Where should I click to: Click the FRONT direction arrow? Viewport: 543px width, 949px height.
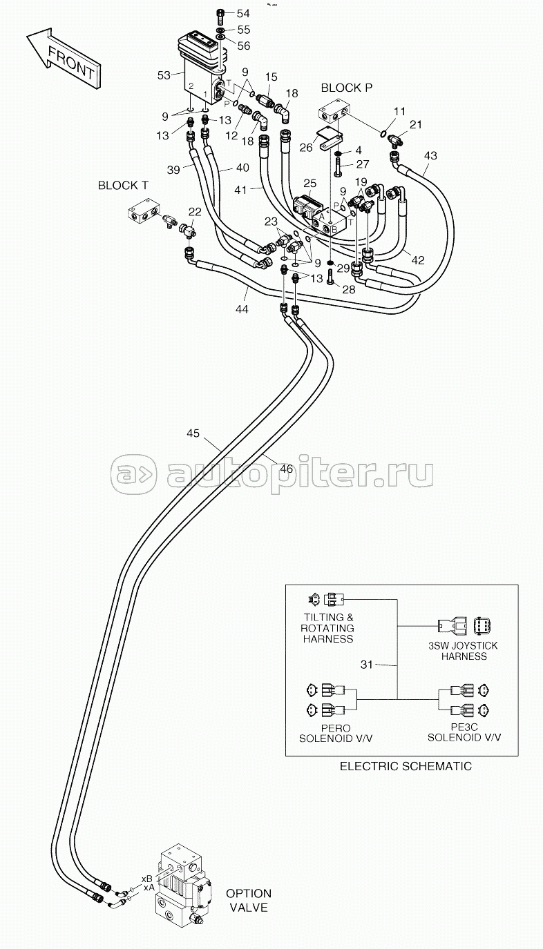tap(64, 59)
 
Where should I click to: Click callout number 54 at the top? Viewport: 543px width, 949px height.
tap(243, 14)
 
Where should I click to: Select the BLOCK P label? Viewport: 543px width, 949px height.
tap(347, 88)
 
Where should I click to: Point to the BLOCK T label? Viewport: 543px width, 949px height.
tap(124, 186)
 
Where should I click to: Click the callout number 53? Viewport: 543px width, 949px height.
tap(164, 75)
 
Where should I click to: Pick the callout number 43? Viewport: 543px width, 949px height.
tap(430, 156)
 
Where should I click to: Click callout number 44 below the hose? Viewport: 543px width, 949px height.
tap(242, 310)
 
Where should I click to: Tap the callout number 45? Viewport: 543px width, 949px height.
tap(193, 433)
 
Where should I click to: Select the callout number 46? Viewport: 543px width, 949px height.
tap(286, 469)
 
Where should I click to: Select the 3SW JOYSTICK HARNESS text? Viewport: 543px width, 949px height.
tap(464, 651)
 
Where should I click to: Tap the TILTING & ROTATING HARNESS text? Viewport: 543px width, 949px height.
tap(327, 628)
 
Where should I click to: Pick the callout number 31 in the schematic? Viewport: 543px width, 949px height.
tap(367, 665)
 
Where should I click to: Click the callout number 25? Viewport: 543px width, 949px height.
tap(310, 184)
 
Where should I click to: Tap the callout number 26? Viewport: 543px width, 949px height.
tap(306, 147)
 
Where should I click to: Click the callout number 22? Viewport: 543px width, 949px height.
tap(195, 211)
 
